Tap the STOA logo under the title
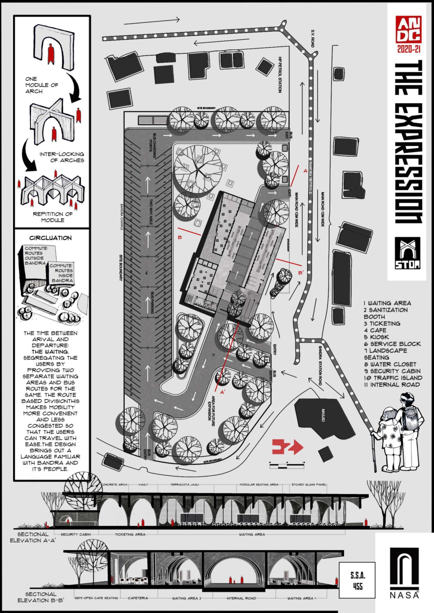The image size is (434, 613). click(x=408, y=253)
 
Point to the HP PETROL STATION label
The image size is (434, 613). click(x=280, y=75)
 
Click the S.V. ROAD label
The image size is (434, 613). click(x=313, y=38)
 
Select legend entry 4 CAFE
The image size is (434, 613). click(x=375, y=330)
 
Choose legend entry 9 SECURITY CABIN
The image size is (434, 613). click(x=392, y=371)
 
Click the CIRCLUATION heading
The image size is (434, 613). click(x=50, y=238)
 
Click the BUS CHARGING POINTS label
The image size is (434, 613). click(x=153, y=146)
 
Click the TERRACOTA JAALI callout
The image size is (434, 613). click(x=185, y=485)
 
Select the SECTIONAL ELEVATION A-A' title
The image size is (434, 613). click(x=33, y=537)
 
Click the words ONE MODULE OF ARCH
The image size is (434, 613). click(x=42, y=85)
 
